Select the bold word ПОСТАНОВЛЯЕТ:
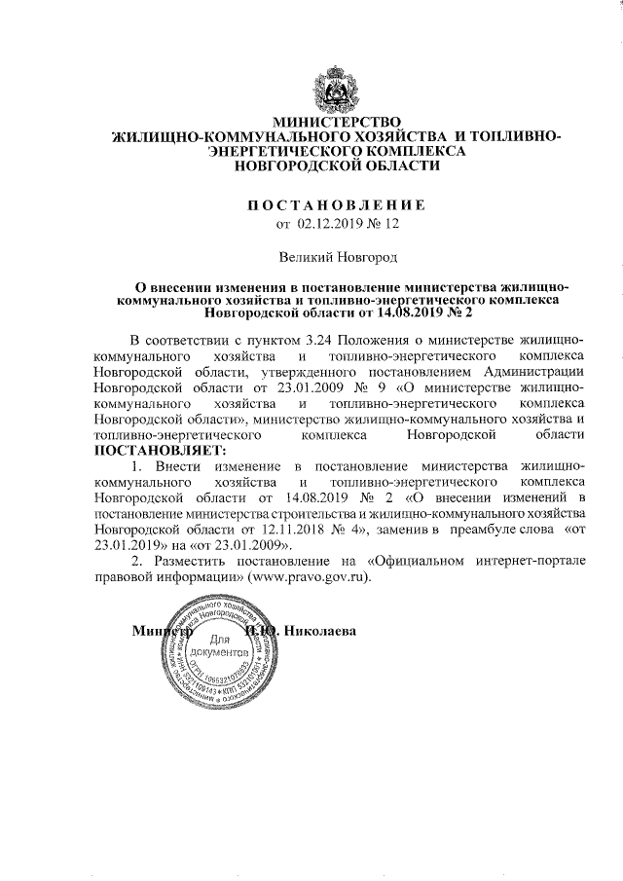[x=158, y=451]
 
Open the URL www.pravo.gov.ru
[x=311, y=576]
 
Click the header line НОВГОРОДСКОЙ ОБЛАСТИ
[x=336, y=166]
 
